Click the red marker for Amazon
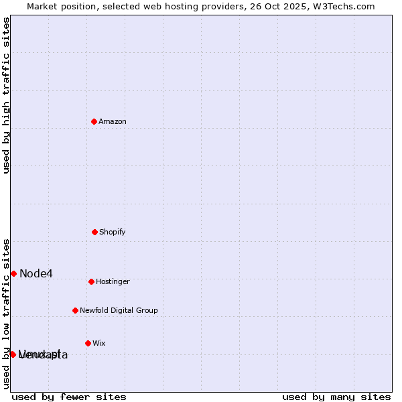click(94, 121)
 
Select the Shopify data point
click(95, 232)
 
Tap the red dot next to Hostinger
click(92, 281)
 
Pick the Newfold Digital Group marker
click(76, 310)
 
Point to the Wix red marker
click(88, 343)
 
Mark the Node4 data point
click(13, 273)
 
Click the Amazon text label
click(113, 121)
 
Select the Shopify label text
click(113, 232)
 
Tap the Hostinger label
click(113, 281)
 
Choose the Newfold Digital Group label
click(119, 310)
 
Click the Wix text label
click(99, 343)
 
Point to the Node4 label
click(36, 273)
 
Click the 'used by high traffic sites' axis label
click(6, 95)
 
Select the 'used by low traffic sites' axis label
click(6, 313)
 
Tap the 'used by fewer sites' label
click(69, 397)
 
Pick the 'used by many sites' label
click(336, 397)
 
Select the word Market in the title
click(43, 6)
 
